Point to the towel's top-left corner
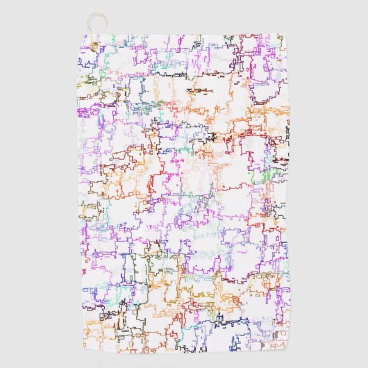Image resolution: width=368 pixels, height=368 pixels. (78, 35)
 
